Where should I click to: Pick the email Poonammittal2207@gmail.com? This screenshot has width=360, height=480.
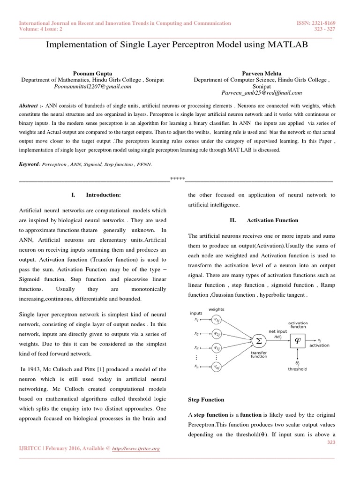coord(92,87)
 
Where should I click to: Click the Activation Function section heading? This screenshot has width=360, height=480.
coord(272,220)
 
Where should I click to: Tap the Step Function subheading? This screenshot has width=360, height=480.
coord(206,399)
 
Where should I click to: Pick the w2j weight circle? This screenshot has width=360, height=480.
coord(216,334)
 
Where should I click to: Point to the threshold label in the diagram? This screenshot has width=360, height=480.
coord(297,369)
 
